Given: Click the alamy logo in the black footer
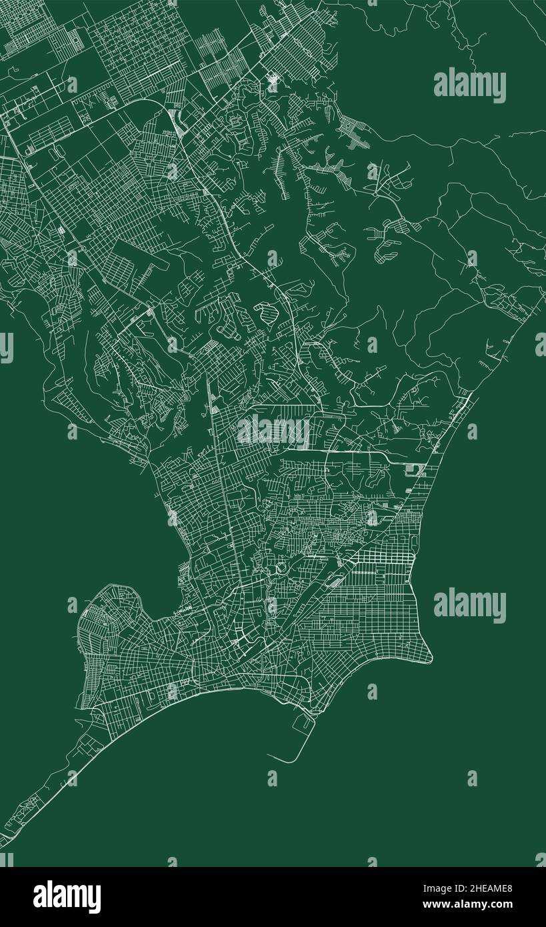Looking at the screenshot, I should coord(67,897).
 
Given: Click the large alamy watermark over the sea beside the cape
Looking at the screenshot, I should coord(469,606).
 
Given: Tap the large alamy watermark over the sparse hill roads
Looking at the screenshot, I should coord(469,85).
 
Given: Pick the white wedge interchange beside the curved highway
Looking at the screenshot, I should coord(179,124).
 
